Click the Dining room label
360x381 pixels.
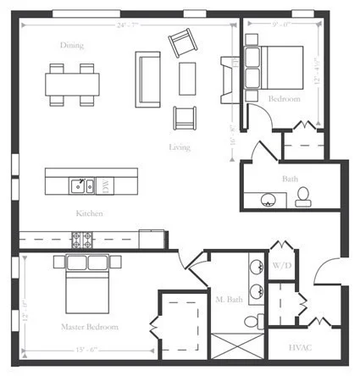click(72, 45)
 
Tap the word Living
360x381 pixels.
click(180, 147)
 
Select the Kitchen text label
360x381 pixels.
click(89, 213)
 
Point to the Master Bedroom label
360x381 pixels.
click(89, 326)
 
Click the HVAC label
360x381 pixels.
click(301, 347)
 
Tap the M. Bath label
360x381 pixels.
click(230, 299)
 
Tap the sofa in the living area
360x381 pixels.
click(147, 78)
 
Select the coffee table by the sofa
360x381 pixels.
click(187, 78)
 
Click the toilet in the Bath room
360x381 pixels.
click(302, 196)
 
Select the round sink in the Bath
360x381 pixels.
click(270, 200)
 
